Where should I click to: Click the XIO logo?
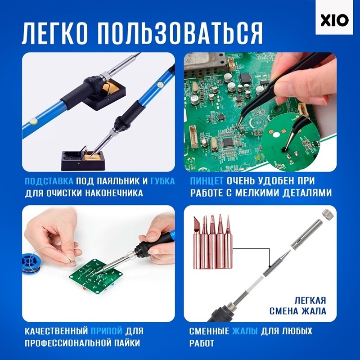click(x=334, y=21)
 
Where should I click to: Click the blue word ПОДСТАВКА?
click(x=49, y=181)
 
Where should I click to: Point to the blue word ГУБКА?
click(x=162, y=181)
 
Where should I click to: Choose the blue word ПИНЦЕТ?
click(x=207, y=181)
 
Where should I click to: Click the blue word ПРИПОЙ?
click(x=107, y=331)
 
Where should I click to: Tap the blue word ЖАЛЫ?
click(x=245, y=331)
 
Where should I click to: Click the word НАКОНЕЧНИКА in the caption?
click(x=114, y=193)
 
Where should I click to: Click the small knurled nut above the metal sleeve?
click(x=327, y=213)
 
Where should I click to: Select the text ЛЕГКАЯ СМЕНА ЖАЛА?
click(x=298, y=306)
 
